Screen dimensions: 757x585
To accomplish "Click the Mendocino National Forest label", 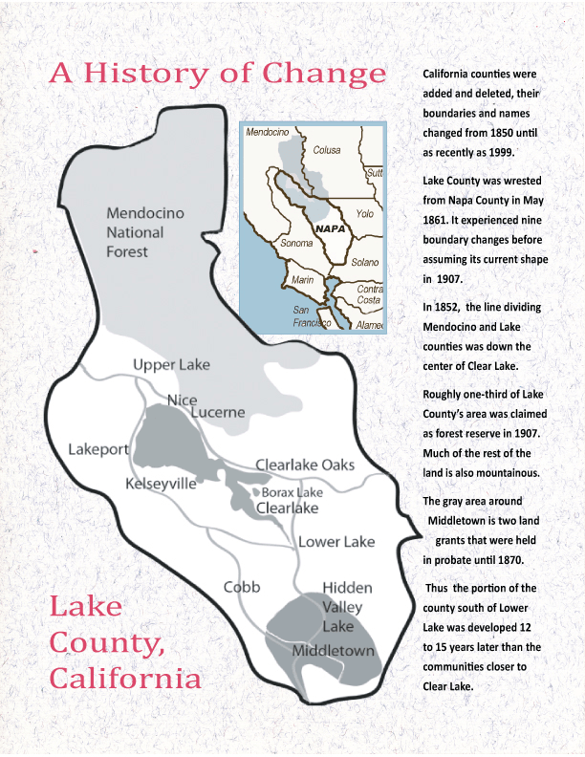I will [x=135, y=232].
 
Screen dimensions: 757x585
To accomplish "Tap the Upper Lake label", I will [x=171, y=365].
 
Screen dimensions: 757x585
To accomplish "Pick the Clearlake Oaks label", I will [x=304, y=465].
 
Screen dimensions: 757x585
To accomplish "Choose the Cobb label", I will [x=243, y=586].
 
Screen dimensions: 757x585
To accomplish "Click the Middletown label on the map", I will [x=334, y=650].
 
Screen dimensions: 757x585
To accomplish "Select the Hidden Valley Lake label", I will [x=347, y=607].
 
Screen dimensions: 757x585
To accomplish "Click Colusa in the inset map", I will [x=326, y=149].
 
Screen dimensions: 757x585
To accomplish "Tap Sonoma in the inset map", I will [x=269, y=244].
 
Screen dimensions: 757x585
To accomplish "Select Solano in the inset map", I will [x=364, y=261].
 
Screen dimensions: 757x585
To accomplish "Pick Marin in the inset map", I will [x=303, y=280].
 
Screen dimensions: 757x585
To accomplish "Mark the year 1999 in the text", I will [x=497, y=152].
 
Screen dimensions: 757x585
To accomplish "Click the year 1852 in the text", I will [x=451, y=307].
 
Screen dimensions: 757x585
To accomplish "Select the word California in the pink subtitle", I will [x=125, y=680].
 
